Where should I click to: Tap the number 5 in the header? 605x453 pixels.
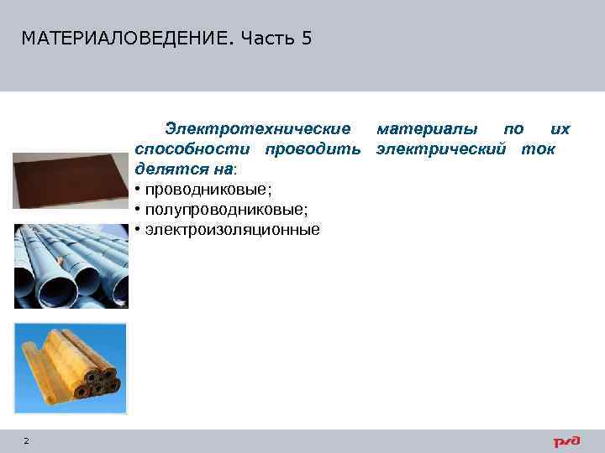pos(306,39)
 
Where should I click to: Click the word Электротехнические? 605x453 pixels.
pos(258,129)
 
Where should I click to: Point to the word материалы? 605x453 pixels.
pos(429,129)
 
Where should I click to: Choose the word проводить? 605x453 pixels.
pos(313,149)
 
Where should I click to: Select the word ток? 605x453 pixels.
pos(538,149)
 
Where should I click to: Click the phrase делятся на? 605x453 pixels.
pos(171,169)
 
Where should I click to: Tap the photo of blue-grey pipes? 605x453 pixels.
pos(71,267)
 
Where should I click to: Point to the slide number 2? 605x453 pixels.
pos(26,441)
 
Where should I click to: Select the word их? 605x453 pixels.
pos(560,129)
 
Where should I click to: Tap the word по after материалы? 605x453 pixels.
pos(513,129)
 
